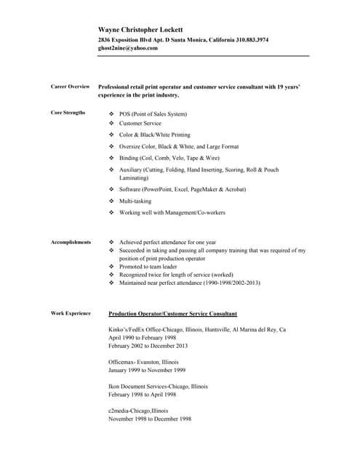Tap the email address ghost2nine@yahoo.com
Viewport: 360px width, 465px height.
pos(128,48)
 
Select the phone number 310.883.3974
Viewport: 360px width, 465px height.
pos(247,39)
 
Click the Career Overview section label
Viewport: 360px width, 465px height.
pos(71,86)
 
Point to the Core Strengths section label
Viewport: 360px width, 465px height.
pos(68,113)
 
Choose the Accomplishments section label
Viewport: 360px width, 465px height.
pos(71,242)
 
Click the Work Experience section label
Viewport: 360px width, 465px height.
pos(71,313)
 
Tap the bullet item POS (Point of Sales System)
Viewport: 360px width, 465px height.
pos(153,114)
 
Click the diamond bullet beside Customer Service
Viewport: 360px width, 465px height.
pos(111,124)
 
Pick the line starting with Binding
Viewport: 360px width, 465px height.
pos(169,158)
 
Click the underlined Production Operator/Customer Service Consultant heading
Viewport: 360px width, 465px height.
pos(172,314)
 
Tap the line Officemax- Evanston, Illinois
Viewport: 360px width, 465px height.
pos(143,362)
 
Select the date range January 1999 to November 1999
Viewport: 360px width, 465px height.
pos(147,370)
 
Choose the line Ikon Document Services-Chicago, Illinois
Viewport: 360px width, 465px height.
pos(158,387)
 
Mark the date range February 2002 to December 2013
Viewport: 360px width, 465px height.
pos(148,346)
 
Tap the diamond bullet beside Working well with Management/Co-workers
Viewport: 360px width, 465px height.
pos(111,213)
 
